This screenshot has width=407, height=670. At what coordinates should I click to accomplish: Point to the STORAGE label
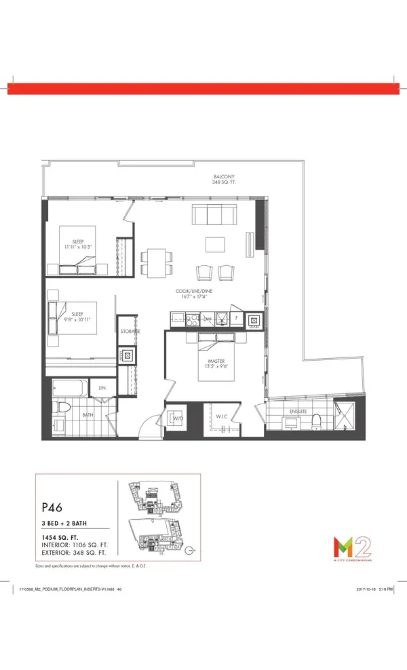click(130, 332)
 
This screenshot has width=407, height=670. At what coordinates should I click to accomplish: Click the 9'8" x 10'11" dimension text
click(77, 319)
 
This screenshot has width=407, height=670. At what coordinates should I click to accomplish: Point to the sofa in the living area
click(214, 216)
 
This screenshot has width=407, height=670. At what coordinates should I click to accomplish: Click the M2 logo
click(347, 545)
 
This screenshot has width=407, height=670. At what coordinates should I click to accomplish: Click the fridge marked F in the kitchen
click(235, 318)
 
